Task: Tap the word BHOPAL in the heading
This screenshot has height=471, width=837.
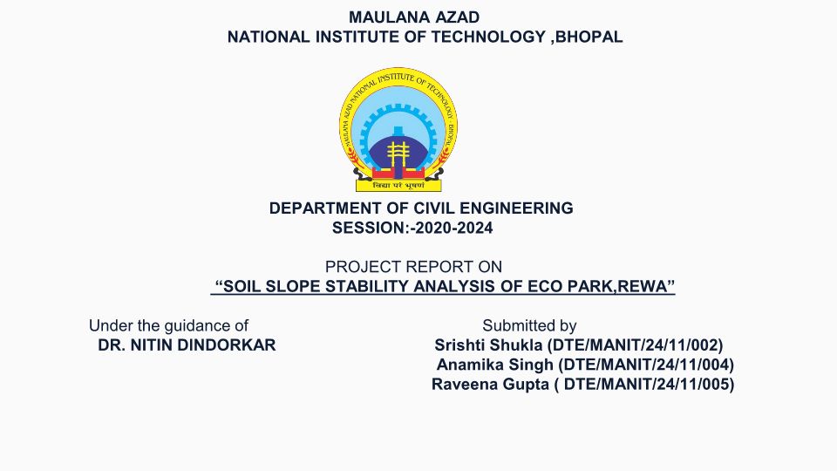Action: (589, 37)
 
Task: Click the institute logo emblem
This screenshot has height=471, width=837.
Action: (398, 130)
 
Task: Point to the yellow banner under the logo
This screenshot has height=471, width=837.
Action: (398, 186)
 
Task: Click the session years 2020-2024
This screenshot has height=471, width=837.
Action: (453, 228)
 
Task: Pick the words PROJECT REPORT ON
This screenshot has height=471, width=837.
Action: (413, 267)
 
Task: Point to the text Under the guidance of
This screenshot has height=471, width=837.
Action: (168, 325)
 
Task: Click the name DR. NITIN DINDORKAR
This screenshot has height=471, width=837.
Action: (187, 345)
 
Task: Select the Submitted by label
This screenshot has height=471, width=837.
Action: (529, 325)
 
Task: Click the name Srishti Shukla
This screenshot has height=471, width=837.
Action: (488, 345)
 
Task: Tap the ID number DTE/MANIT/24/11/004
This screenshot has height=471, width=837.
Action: (646, 365)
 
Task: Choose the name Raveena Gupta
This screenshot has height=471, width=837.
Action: (490, 385)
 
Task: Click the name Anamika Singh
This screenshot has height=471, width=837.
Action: (495, 365)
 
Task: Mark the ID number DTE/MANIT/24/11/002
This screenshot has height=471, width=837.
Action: (636, 345)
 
